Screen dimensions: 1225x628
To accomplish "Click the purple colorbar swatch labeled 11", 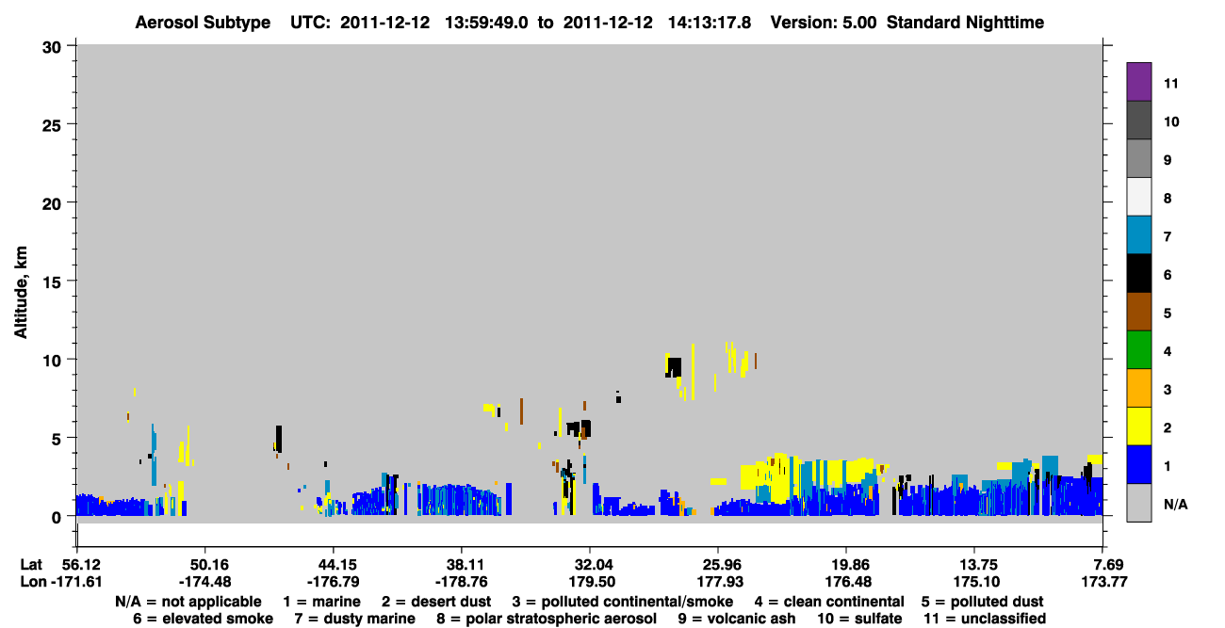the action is [1138, 81].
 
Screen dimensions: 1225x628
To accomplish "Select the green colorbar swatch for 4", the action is [1138, 350].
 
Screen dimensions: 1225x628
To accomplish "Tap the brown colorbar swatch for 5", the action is [1138, 312].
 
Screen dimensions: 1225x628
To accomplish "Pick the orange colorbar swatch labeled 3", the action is [1138, 388].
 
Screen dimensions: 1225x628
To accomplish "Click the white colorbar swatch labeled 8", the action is [1138, 197].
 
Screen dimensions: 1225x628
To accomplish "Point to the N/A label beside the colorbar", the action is [1175, 504].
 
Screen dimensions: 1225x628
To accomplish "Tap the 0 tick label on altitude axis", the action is [57, 518].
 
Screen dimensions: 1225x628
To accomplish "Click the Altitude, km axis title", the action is [20, 293].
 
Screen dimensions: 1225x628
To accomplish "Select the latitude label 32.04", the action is [590, 564].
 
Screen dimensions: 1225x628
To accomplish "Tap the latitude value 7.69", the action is [1104, 564].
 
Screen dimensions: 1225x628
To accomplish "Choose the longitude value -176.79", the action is [333, 582].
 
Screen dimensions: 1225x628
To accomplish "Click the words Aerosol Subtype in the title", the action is [203, 23].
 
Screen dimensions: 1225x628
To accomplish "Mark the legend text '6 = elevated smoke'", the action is [203, 619].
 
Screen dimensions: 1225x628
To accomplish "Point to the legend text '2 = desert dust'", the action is [436, 602].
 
